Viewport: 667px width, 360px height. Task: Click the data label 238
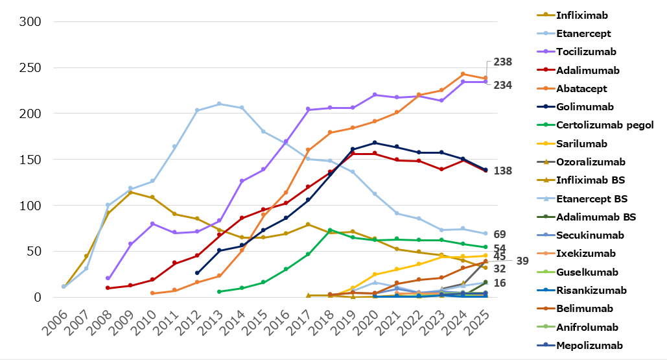pyautogui.click(x=502, y=62)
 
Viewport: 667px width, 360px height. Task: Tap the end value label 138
pyautogui.click(x=502, y=171)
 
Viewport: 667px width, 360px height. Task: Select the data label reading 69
pyautogui.click(x=500, y=234)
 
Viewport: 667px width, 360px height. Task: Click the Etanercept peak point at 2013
pyautogui.click(x=219, y=104)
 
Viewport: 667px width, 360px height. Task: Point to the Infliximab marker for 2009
pyautogui.click(x=130, y=193)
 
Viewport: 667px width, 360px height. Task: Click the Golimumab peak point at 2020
pyautogui.click(x=375, y=143)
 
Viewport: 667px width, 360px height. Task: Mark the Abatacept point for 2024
pyautogui.click(x=463, y=74)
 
